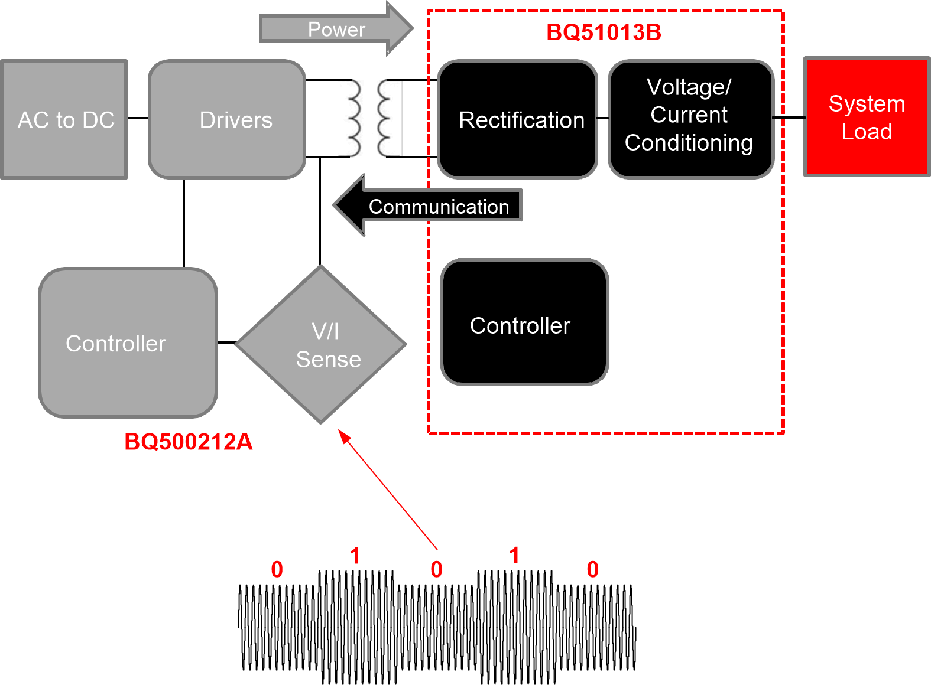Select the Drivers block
(227, 119)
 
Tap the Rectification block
(518, 119)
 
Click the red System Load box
(867, 117)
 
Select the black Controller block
(524, 322)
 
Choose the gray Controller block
(128, 342)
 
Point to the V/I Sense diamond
(321, 345)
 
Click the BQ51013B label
(604, 32)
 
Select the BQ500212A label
(188, 442)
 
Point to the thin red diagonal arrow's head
(342, 434)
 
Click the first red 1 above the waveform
(355, 556)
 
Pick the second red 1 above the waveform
(514, 556)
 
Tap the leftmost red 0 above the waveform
(277, 570)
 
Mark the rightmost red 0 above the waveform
(592, 570)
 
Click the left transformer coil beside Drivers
(353, 118)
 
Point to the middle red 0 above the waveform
(436, 570)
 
